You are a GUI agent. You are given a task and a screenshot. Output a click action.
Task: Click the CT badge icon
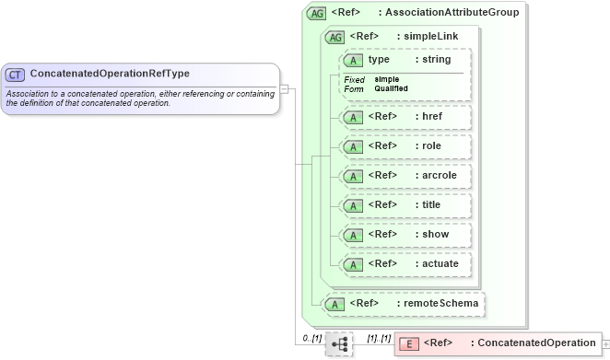click(x=15, y=74)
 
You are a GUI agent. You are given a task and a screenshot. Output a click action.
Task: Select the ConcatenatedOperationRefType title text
click(x=110, y=74)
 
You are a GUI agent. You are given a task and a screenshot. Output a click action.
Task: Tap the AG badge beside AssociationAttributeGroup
click(x=316, y=13)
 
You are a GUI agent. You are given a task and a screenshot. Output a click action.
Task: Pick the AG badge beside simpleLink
click(x=335, y=37)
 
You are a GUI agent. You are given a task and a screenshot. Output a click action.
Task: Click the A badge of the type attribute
click(x=353, y=60)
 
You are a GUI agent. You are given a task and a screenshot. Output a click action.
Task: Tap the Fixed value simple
click(x=386, y=79)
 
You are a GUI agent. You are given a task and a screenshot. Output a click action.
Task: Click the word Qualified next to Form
click(x=391, y=88)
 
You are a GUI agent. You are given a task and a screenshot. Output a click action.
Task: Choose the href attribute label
click(x=430, y=117)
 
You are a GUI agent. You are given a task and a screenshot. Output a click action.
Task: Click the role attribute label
click(x=428, y=146)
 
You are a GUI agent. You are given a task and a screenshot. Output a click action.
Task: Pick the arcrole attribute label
click(x=436, y=175)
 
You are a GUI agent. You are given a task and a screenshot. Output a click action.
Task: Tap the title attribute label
click(x=428, y=204)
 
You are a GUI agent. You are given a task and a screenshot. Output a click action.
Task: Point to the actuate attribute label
click(x=437, y=263)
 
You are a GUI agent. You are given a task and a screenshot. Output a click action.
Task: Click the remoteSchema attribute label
click(x=438, y=303)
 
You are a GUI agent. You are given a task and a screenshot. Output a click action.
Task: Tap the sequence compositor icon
click(x=339, y=343)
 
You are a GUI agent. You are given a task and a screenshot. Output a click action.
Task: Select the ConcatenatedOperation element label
click(x=536, y=343)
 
